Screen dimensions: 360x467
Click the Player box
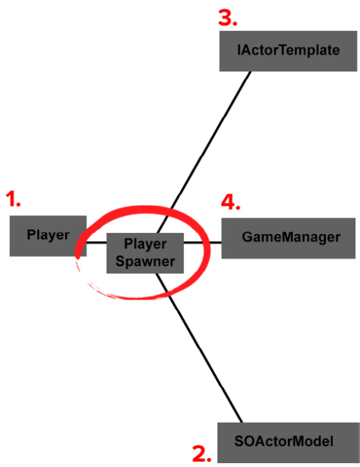tap(48, 236)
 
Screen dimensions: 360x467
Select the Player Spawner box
tap(145, 253)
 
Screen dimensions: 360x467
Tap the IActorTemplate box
tap(288, 51)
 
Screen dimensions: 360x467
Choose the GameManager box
tap(288, 238)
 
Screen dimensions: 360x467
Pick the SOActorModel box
tap(288, 442)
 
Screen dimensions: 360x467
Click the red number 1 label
tap(13, 199)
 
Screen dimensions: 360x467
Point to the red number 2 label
tap(202, 454)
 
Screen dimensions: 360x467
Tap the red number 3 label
tap(228, 18)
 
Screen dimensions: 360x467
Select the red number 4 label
tap(230, 202)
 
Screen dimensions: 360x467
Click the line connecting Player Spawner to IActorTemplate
tap(204, 152)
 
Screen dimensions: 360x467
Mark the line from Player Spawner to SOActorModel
tap(199, 348)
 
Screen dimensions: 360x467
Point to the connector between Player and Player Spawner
tap(97, 243)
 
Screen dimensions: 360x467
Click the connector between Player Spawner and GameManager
tap(203, 243)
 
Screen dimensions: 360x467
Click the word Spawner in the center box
tap(145, 261)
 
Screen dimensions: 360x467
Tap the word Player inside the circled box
tap(145, 244)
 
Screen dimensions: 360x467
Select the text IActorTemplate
tap(288, 50)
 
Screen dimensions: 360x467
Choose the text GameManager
tap(291, 237)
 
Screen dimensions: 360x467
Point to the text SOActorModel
tap(284, 441)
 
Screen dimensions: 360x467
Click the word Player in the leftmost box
tap(48, 235)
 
